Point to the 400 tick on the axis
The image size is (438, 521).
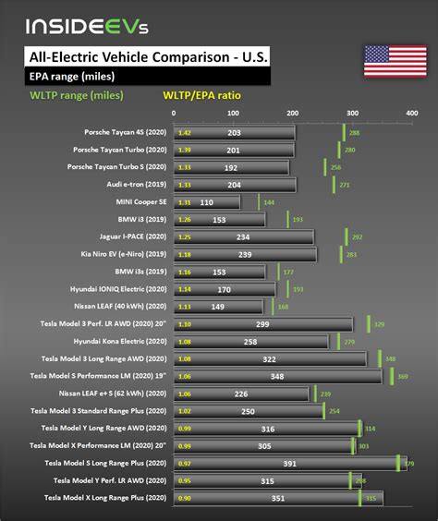pos(411,114)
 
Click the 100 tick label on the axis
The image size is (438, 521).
pos(233,114)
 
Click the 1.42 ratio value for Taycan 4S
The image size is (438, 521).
pos(185,133)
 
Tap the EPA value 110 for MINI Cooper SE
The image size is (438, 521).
pos(206,202)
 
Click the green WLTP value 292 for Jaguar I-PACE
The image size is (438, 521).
pos(356,236)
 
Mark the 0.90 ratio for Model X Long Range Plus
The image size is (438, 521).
pos(185,498)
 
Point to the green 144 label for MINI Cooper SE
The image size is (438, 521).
pos(268,202)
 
